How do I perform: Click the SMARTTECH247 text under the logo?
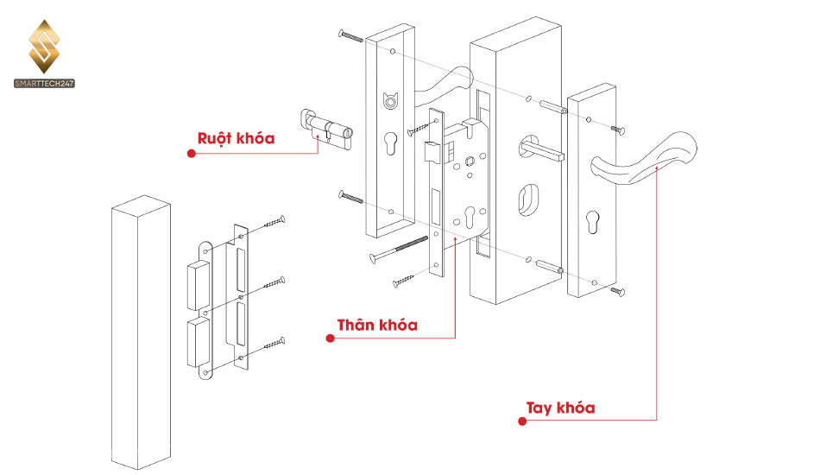pos(44,84)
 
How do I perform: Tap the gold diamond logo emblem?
pos(44,47)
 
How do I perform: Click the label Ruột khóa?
pos(236,139)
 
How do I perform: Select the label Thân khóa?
pos(377,325)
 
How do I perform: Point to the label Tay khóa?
pos(560,408)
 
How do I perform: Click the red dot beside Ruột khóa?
pos(192,153)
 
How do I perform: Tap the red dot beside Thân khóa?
pos(330,339)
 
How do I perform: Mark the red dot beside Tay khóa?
pos(522,421)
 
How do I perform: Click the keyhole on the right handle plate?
pos(592,221)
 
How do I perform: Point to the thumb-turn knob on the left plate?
pos(390,100)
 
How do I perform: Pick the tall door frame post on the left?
pos(142,332)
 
